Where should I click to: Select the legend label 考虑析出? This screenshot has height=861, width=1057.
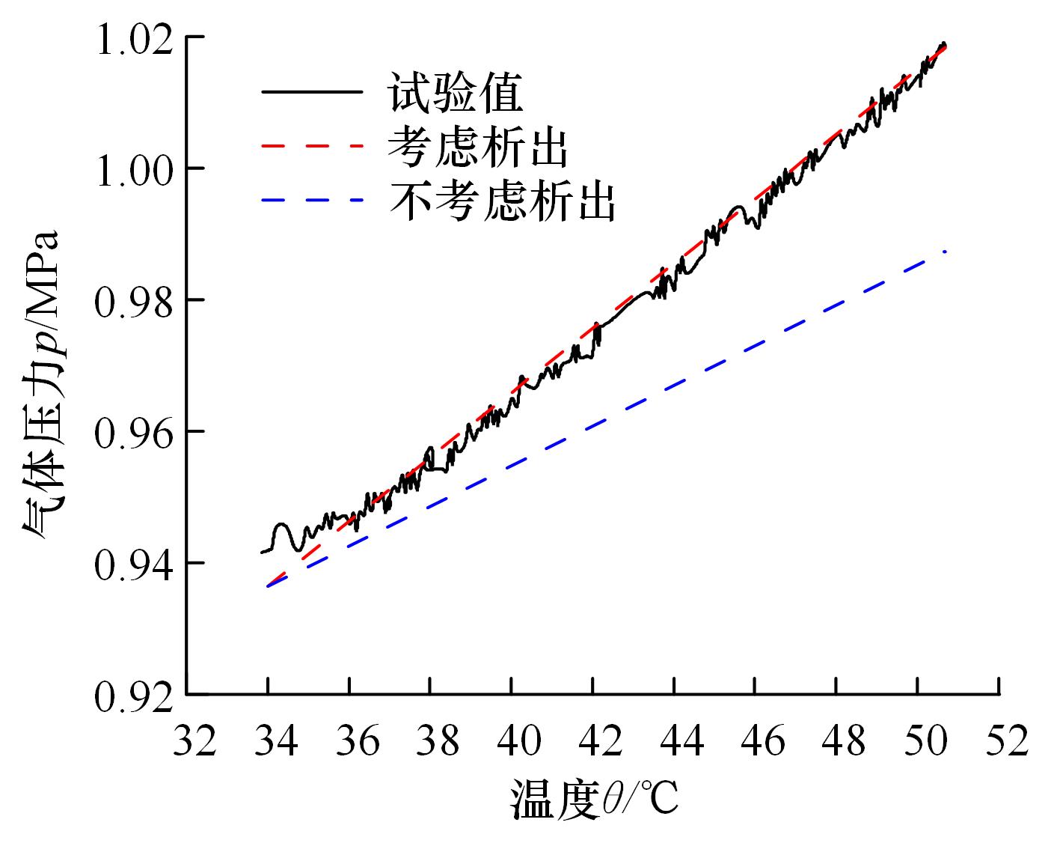click(478, 148)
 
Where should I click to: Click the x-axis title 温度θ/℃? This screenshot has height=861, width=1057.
click(595, 800)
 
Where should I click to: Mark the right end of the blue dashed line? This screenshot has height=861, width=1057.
click(946, 252)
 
